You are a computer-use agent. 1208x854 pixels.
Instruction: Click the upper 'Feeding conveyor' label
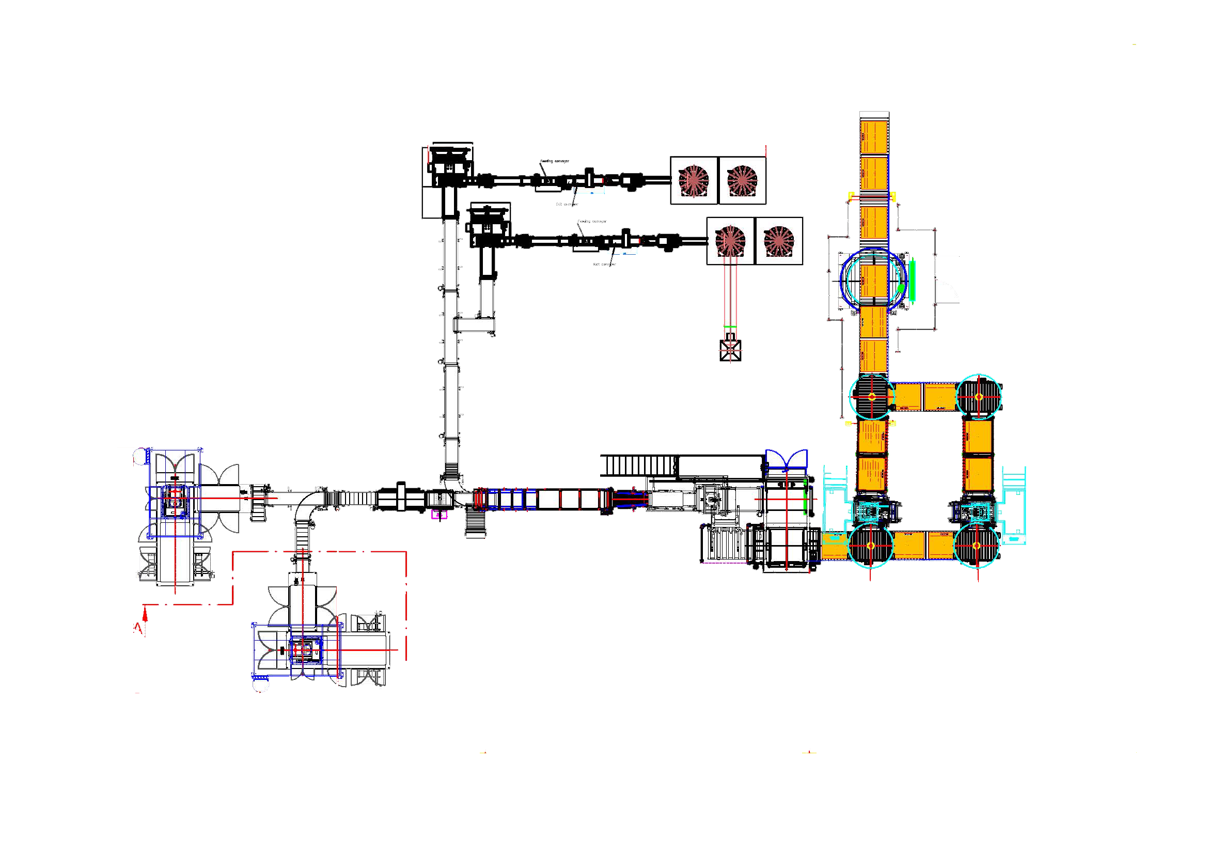tap(555, 161)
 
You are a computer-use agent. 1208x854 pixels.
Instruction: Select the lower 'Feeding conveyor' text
tap(592, 222)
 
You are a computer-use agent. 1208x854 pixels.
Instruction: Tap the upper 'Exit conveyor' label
tap(567, 204)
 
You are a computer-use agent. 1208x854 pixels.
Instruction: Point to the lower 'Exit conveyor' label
tap(604, 264)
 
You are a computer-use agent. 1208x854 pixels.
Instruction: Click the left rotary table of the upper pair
tap(694, 180)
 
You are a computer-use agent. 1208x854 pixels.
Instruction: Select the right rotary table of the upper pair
tap(742, 180)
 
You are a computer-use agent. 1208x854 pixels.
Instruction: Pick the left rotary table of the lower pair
tap(730, 240)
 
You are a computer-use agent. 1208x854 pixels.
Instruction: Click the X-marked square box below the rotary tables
tap(730, 350)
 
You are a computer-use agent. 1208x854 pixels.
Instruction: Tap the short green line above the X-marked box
tap(730, 327)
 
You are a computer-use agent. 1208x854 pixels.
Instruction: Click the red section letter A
tap(138, 628)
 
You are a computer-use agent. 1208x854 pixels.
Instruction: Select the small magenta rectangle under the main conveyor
tap(440, 514)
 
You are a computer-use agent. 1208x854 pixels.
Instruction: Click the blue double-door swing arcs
tap(786, 459)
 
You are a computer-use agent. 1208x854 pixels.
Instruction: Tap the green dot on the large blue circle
tap(901, 288)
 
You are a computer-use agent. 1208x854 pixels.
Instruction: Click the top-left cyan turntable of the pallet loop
tap(871, 397)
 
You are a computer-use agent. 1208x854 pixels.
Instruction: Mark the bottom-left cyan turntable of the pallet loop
tap(871, 546)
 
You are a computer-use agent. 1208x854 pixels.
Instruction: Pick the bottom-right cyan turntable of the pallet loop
tap(977, 546)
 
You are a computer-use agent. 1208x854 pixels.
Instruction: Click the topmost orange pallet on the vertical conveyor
tap(874, 137)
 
